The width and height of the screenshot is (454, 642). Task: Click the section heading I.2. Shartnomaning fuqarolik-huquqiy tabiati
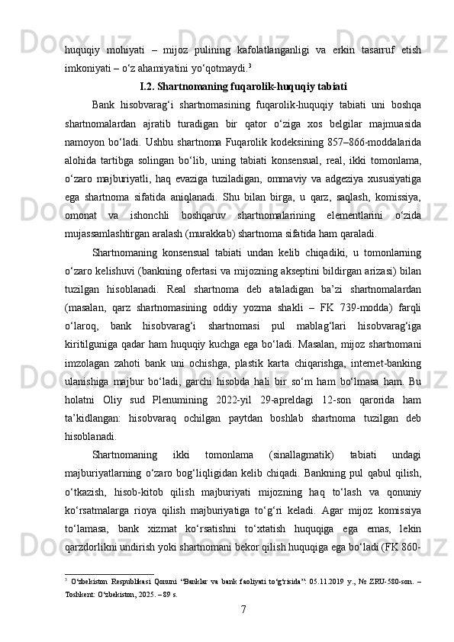click(244, 85)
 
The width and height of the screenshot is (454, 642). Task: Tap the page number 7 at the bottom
click(243, 610)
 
